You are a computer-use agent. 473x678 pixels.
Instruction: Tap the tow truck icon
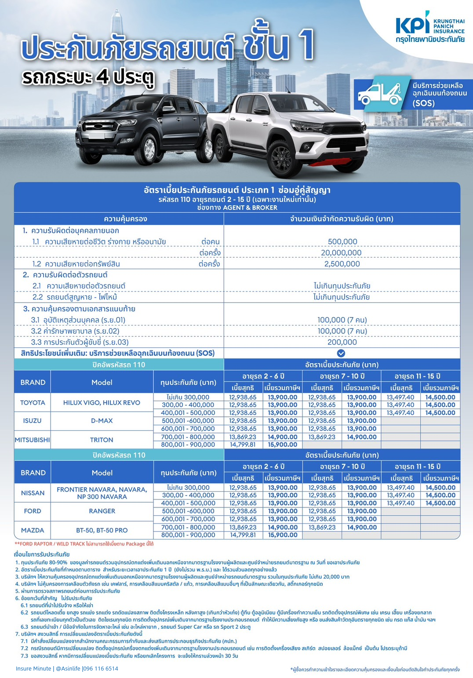tap(380, 93)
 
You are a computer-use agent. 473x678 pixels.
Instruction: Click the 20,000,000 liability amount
tap(341, 253)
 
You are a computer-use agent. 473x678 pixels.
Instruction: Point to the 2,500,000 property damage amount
tap(342, 264)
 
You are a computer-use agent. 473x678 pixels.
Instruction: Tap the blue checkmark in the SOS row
tap(341, 353)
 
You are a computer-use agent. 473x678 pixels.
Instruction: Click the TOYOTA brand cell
tap(33, 403)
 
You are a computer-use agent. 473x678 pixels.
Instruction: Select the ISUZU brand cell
tap(33, 421)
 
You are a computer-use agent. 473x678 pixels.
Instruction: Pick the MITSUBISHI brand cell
tap(33, 440)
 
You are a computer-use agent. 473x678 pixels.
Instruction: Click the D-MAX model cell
tap(102, 421)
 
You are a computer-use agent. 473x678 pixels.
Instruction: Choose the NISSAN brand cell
tap(33, 493)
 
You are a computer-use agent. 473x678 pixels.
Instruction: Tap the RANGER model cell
tap(102, 511)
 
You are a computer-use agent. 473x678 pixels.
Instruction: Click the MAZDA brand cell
tap(33, 530)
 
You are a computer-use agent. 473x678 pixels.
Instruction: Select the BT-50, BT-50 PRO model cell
tap(102, 530)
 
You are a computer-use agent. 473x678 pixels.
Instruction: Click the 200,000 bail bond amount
tap(342, 342)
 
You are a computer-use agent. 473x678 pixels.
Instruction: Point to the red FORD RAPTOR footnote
tap(84, 544)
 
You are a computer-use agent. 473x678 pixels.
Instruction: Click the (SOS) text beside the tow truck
tap(423, 103)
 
